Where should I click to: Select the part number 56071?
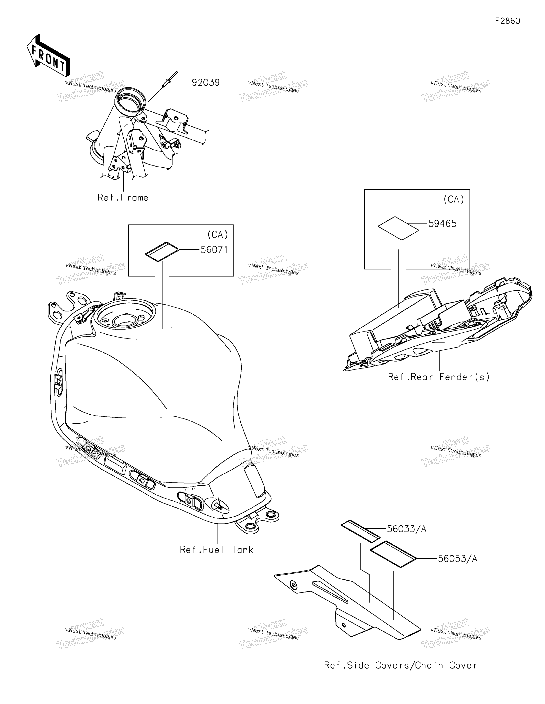(x=214, y=250)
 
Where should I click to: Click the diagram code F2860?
(x=508, y=21)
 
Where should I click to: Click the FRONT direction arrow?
(x=48, y=56)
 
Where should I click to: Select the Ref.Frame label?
(x=123, y=198)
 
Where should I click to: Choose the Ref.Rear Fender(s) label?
(x=439, y=377)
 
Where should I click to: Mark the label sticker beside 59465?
(x=398, y=228)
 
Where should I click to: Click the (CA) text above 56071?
(x=218, y=235)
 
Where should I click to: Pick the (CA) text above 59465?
(x=454, y=200)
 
